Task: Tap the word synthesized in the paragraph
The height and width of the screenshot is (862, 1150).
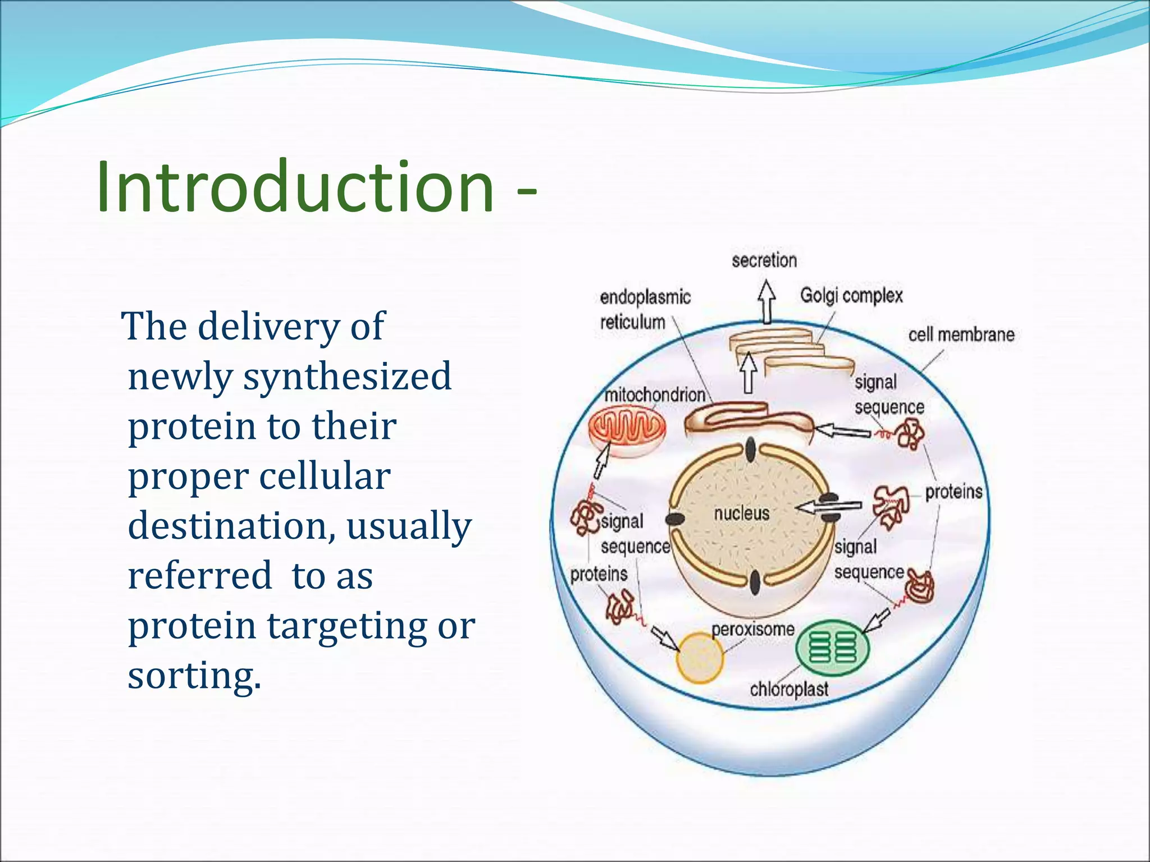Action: pyautogui.click(x=346, y=376)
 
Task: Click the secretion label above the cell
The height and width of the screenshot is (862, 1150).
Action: pyautogui.click(x=764, y=260)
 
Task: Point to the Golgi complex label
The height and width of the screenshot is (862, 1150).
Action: pyautogui.click(x=851, y=295)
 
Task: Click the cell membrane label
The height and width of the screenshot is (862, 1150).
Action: pyautogui.click(x=961, y=335)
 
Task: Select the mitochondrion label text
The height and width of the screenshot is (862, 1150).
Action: pyautogui.click(x=654, y=395)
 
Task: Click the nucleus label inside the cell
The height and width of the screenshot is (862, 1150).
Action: pyautogui.click(x=741, y=513)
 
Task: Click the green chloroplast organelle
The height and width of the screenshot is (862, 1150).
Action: pyautogui.click(x=832, y=648)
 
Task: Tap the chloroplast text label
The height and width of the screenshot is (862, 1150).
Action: pyautogui.click(x=789, y=689)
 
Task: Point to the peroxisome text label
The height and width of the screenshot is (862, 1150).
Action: pyautogui.click(x=753, y=629)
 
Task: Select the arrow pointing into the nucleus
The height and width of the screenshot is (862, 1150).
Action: pyautogui.click(x=828, y=507)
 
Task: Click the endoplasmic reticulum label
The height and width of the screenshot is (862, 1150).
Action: pyautogui.click(x=645, y=309)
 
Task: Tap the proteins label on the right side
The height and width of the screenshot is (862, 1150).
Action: pyautogui.click(x=953, y=492)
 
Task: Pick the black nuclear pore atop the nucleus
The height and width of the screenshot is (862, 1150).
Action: pyautogui.click(x=751, y=450)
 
